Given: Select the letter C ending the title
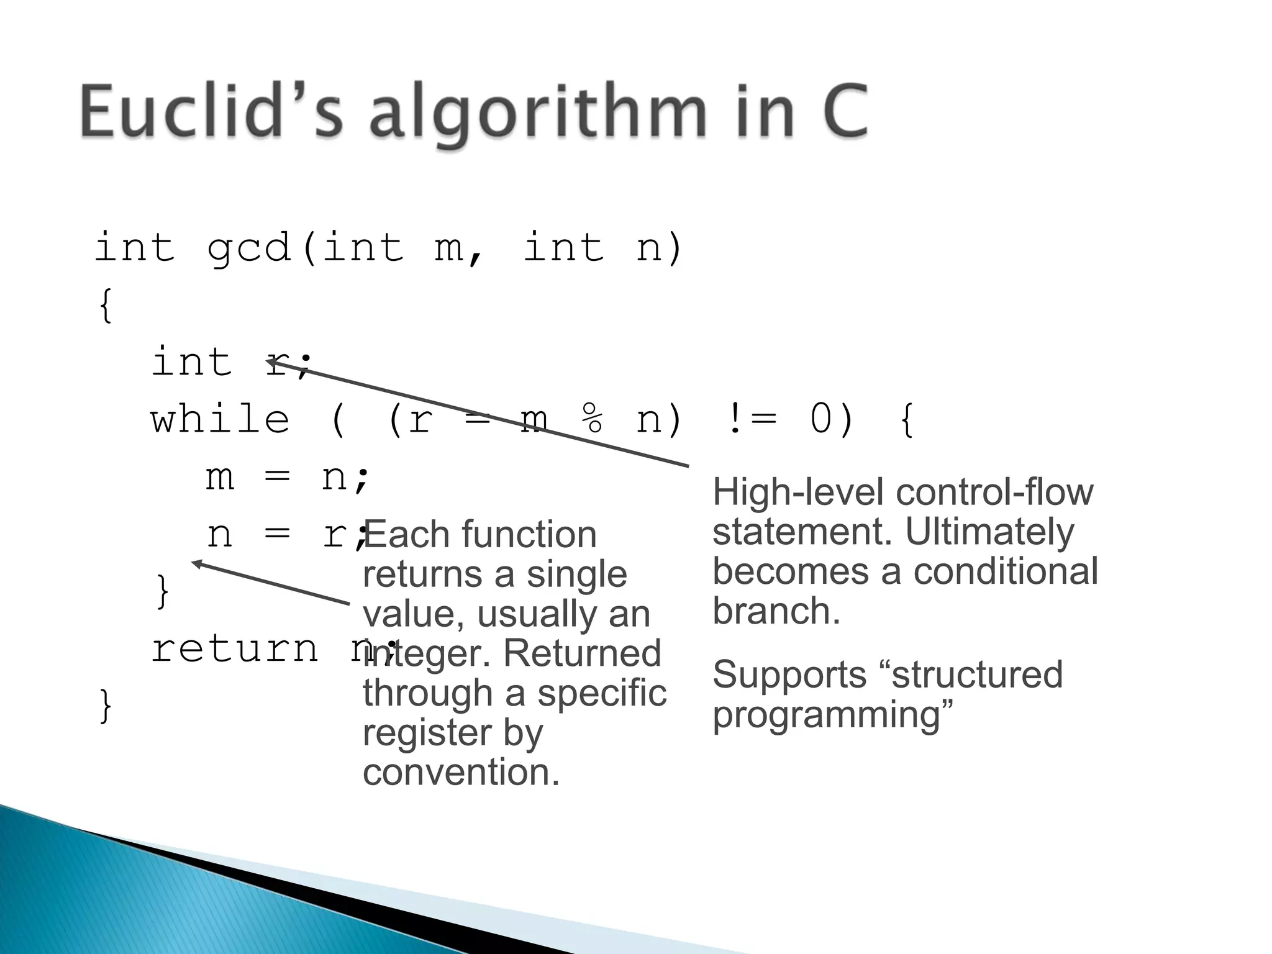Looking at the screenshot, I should pyautogui.click(x=845, y=112).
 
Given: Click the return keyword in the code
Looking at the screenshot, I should pyautogui.click(x=235, y=650).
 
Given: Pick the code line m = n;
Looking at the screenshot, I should pyautogui.click(x=288, y=477).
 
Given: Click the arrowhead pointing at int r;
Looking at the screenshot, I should pyautogui.click(x=270, y=361).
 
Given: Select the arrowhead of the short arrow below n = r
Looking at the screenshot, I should pyautogui.click(x=196, y=563).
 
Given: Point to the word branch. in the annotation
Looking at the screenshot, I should pyautogui.click(x=776, y=612).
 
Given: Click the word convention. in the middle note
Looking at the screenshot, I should pyautogui.click(x=461, y=773).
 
